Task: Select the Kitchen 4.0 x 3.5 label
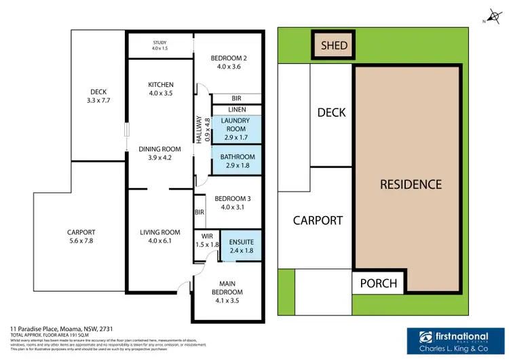click(161, 89)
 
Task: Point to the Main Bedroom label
click(227, 288)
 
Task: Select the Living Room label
click(160, 237)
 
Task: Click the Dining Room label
click(160, 154)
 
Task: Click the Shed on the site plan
click(334, 46)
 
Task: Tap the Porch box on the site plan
click(379, 283)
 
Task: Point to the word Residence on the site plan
click(410, 184)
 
